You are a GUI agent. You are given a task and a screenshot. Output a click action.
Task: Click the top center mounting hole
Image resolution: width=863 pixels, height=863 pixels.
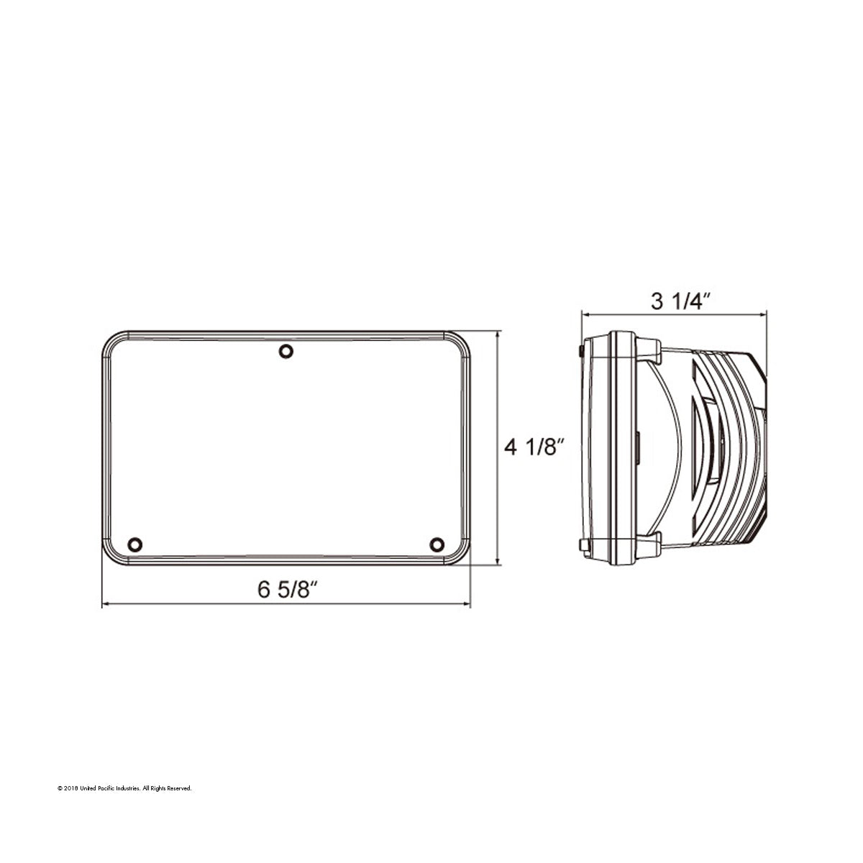(x=286, y=351)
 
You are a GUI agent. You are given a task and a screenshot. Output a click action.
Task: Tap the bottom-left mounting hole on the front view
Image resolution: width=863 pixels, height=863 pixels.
(x=133, y=544)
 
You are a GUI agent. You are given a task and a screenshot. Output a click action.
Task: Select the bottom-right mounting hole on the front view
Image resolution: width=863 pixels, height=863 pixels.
(x=436, y=544)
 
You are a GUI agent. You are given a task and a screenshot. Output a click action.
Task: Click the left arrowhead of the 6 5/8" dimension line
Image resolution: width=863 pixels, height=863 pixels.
(x=106, y=605)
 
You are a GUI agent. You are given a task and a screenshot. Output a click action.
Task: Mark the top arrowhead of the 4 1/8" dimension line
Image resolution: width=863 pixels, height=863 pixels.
(x=498, y=334)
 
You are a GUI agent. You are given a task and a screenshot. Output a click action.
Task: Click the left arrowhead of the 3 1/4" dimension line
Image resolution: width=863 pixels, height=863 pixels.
(x=585, y=314)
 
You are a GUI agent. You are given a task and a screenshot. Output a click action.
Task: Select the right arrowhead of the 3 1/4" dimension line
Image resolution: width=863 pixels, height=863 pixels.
(x=764, y=314)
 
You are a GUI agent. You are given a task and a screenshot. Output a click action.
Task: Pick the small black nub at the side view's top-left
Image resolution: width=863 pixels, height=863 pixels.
(x=580, y=350)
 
